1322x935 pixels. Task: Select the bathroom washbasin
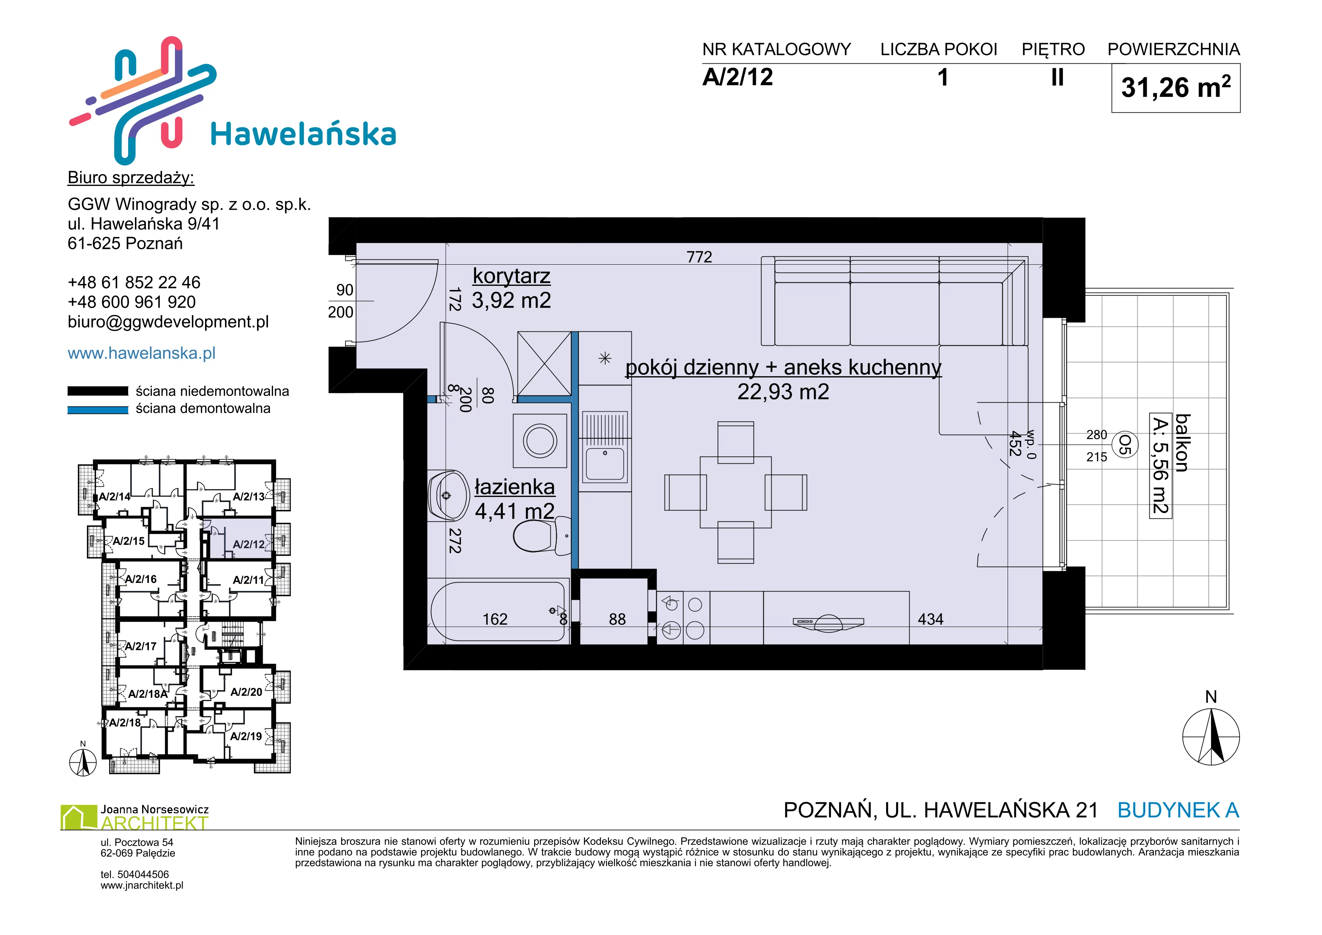[x=449, y=495]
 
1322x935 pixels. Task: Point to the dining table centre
[x=735, y=492]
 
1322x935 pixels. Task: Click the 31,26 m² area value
[x=1176, y=87]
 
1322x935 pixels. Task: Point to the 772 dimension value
[x=699, y=257]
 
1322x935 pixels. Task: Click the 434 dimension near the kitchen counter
[x=930, y=619]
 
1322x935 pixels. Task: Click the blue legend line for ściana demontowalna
[x=98, y=410]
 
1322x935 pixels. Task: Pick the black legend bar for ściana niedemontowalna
[x=98, y=391]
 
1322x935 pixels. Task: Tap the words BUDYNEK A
[x=1178, y=810]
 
